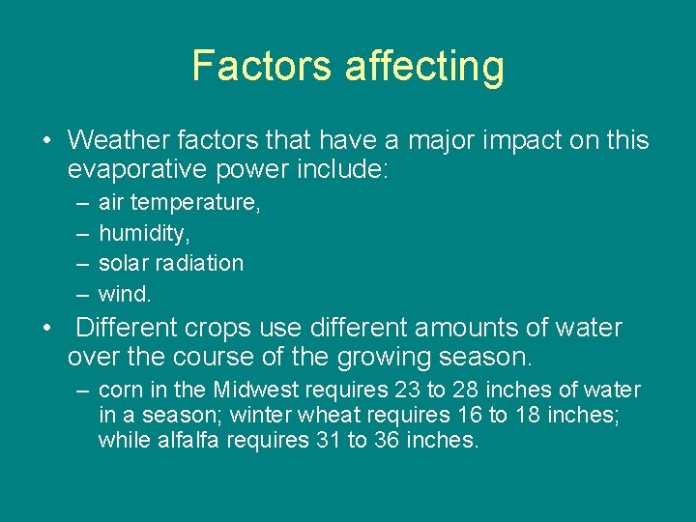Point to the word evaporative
139,171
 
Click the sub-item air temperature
180,203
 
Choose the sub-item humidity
145,233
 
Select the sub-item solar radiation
171,263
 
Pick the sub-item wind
125,293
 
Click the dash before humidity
79,233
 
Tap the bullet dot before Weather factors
47,141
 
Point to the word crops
240,328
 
